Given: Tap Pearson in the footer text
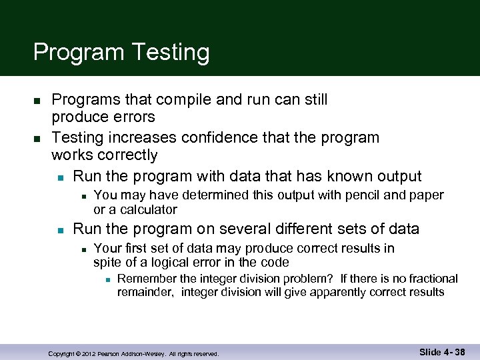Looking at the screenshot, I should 110,353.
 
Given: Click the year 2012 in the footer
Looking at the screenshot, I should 89,353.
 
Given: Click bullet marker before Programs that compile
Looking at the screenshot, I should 37,101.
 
